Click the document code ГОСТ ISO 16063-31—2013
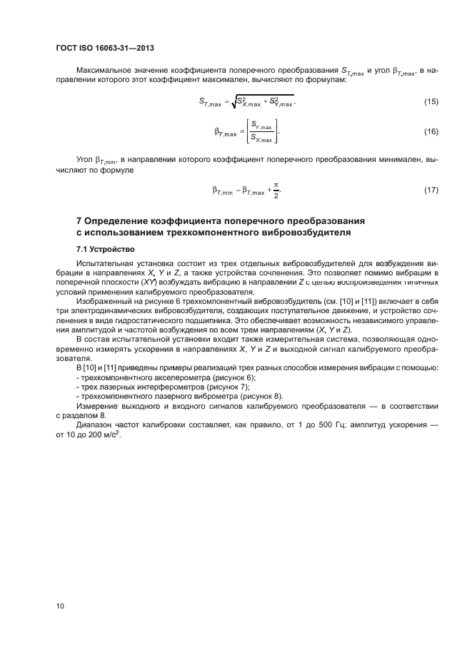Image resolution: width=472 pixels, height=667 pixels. click(x=105, y=48)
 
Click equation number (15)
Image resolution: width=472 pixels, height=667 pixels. click(x=431, y=102)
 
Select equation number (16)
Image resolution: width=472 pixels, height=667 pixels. click(x=431, y=132)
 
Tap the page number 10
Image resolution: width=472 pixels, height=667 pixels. click(x=61, y=606)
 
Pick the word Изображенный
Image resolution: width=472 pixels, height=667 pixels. click(x=104, y=302)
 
